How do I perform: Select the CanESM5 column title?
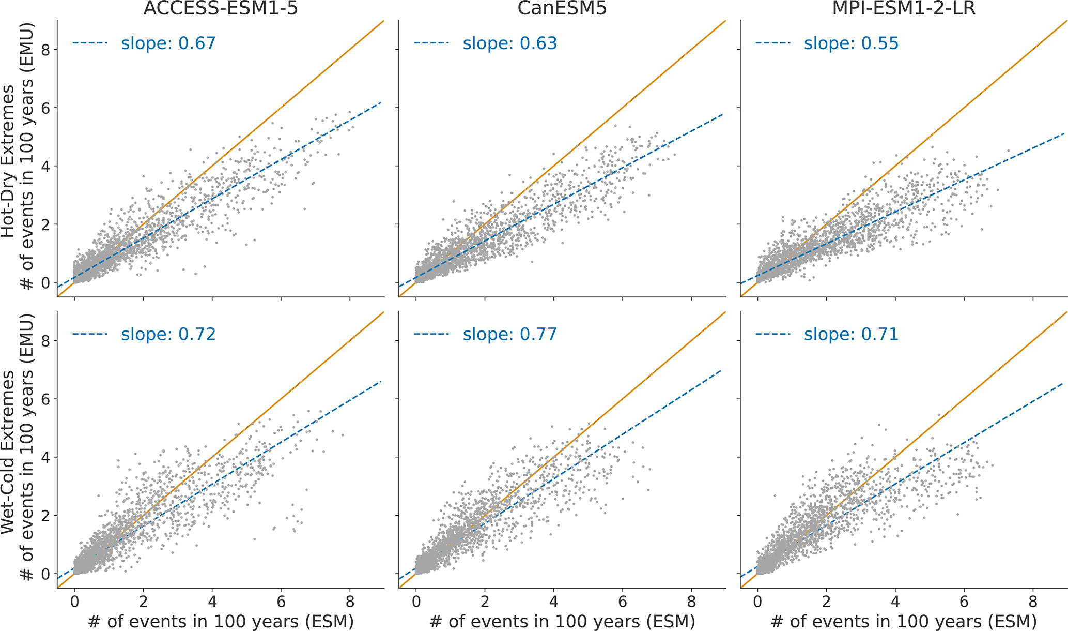tap(561, 9)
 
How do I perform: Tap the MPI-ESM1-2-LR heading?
tap(903, 9)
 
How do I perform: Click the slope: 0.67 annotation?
tap(168, 43)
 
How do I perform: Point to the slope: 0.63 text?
tap(509, 43)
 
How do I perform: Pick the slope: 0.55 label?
tap(851, 43)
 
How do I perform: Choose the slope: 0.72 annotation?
tap(168, 334)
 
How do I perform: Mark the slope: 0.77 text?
tap(509, 334)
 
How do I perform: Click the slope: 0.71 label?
tap(851, 334)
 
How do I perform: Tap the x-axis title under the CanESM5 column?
tap(561, 621)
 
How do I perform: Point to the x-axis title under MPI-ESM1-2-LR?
tap(903, 621)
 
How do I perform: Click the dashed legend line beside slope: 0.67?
tap(89, 43)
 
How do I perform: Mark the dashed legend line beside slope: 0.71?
tap(772, 334)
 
